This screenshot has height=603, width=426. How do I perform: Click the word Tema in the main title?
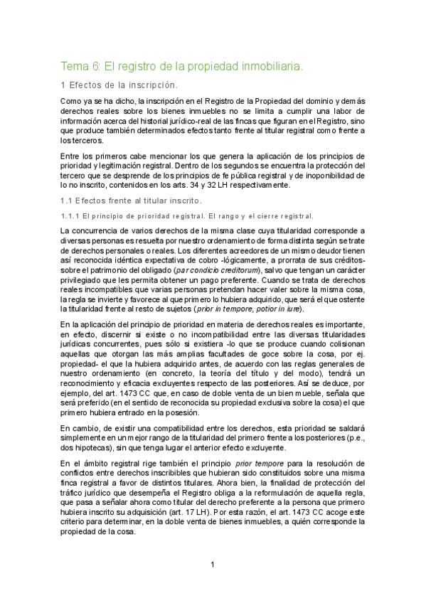click(75, 66)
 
